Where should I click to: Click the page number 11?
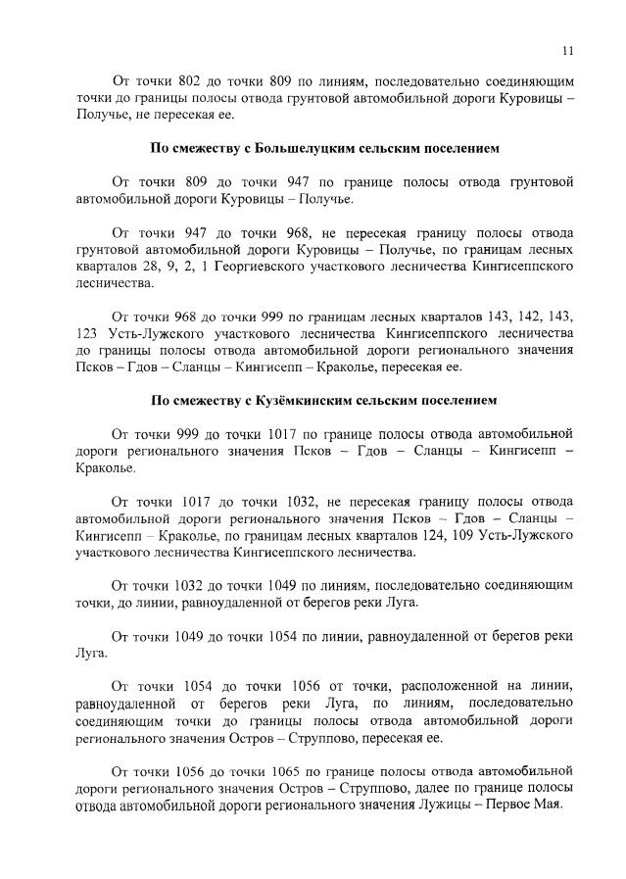pyautogui.click(x=567, y=52)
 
